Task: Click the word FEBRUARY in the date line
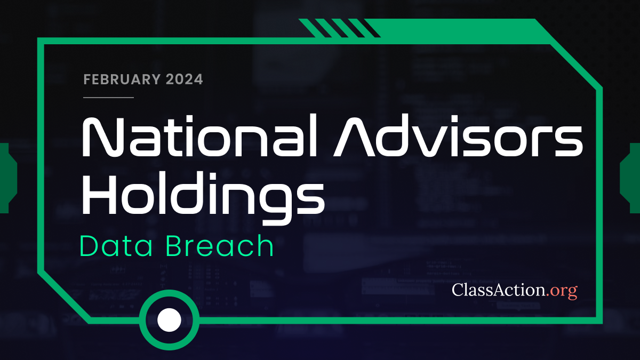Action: [x=122, y=79]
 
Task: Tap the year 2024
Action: [x=185, y=79]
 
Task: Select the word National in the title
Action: [x=199, y=135]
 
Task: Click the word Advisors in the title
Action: [x=458, y=135]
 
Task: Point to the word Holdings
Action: [x=203, y=198]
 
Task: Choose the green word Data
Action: [x=116, y=246]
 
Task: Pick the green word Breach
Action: [x=220, y=245]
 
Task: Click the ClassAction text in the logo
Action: [x=498, y=290]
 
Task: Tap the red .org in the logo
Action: [x=562, y=291]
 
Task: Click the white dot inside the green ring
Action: [x=169, y=320]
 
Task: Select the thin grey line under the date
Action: [x=109, y=98]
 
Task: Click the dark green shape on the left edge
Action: [x=8, y=178]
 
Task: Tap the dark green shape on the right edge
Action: [x=630, y=178]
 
